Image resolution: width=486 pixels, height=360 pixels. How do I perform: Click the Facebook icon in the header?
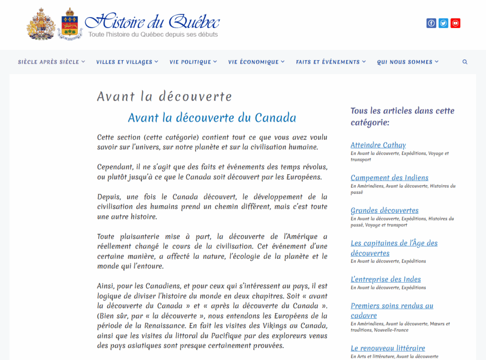[x=431, y=23]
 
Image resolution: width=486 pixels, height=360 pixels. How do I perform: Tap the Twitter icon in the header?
[x=443, y=23]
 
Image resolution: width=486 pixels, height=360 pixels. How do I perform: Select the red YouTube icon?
[x=456, y=23]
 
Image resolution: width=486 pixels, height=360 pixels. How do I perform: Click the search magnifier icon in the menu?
[x=465, y=62]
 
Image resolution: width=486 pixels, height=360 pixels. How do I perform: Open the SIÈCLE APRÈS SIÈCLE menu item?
[x=51, y=62]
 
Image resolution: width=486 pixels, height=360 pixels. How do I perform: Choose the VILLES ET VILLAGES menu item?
[x=127, y=62]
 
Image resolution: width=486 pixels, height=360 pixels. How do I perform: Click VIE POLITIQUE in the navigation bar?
[x=193, y=62]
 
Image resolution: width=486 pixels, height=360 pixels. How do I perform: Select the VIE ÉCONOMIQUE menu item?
[x=256, y=62]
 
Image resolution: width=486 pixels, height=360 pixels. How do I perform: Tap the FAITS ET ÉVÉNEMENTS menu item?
[x=331, y=62]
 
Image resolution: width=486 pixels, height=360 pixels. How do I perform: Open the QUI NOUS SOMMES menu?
[x=408, y=62]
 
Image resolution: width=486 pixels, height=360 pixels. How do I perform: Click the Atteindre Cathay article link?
[x=378, y=145]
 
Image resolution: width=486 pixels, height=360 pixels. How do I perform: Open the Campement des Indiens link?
[x=390, y=178]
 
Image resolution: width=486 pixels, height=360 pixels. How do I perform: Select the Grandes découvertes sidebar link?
[x=384, y=210]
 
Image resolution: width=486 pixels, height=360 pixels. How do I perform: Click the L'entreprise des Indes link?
[x=386, y=279]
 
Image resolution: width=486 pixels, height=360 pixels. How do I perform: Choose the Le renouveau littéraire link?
[x=388, y=348]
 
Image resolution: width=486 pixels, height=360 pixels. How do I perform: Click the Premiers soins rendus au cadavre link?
[x=392, y=311]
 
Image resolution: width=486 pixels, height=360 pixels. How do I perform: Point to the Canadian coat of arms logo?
[x=41, y=23]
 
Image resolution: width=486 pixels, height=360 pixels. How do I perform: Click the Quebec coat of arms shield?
[x=70, y=24]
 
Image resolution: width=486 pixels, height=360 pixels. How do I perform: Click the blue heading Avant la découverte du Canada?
[x=212, y=118]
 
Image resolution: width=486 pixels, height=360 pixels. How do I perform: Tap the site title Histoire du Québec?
[x=152, y=21]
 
